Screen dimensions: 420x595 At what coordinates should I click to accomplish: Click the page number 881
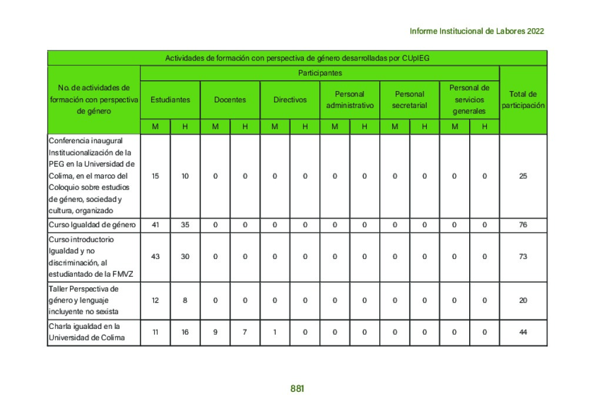(297, 389)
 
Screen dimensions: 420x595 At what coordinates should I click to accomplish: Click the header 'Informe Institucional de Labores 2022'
(476, 31)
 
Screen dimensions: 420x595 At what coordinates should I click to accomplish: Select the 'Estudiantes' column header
(170, 100)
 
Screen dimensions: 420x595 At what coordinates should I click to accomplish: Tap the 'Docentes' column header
(230, 100)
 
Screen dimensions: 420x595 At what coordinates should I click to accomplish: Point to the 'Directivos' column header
(290, 100)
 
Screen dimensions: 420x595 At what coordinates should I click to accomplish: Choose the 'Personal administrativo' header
(350, 100)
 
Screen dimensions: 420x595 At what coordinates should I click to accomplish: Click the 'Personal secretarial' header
(410, 100)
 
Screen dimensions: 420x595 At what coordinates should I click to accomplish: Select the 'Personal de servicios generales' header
(469, 99)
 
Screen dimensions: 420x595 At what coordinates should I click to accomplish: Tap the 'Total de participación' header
(523, 99)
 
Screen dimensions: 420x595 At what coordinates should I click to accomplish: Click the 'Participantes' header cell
(320, 73)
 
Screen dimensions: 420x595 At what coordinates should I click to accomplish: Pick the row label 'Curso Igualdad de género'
(93, 225)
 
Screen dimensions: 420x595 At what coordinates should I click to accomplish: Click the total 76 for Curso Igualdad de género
(523, 225)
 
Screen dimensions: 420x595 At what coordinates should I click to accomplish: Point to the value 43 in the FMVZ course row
(155, 257)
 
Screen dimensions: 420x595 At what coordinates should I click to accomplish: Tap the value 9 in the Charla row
(215, 332)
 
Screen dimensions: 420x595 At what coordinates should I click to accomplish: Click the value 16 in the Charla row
(185, 332)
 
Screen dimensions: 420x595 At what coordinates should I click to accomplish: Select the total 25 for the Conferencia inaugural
(523, 176)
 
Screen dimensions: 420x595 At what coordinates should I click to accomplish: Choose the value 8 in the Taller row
(185, 300)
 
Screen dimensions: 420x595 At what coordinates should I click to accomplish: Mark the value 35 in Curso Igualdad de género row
(185, 225)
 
